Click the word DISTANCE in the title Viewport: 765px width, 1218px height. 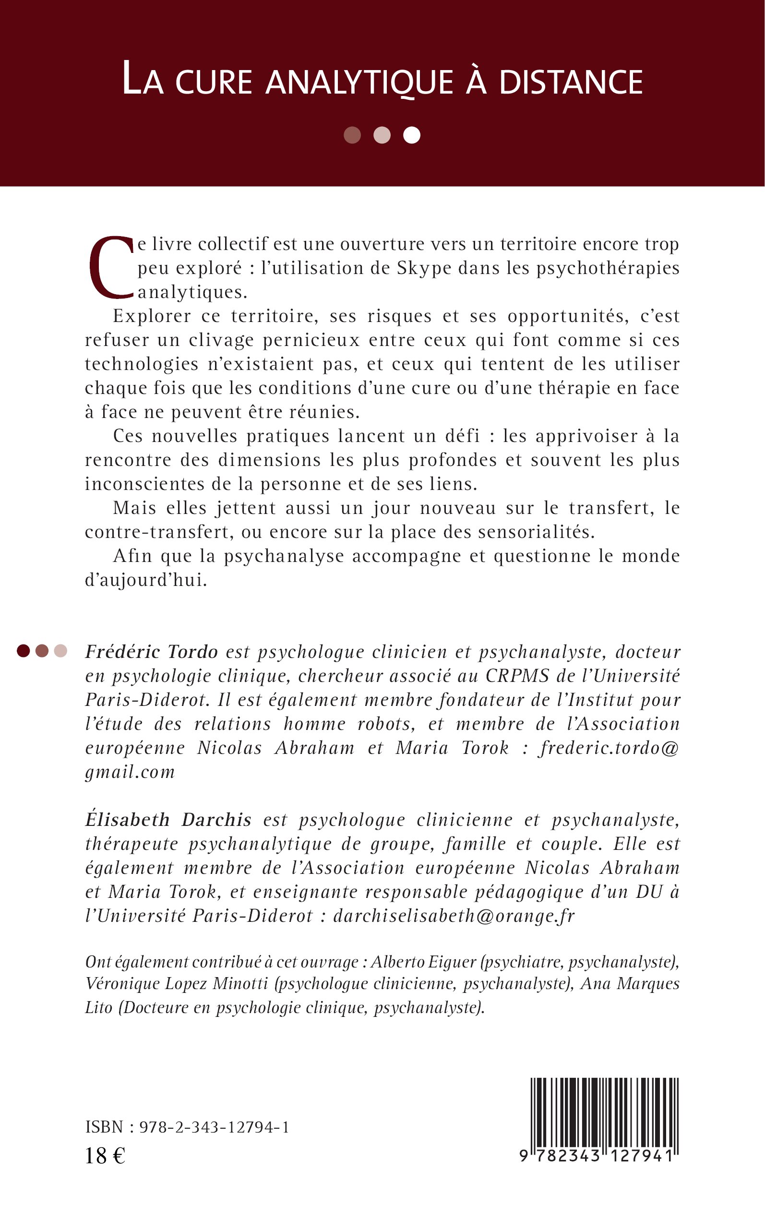pyautogui.click(x=571, y=83)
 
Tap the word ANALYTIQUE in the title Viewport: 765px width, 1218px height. pyautogui.click(x=359, y=83)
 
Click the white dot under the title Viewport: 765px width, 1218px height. pyautogui.click(x=411, y=135)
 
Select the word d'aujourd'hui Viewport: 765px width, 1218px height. pyautogui.click(x=146, y=580)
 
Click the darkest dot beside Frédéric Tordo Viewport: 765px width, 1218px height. pyautogui.click(x=23, y=651)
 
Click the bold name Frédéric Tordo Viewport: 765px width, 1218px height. pyautogui.click(x=151, y=652)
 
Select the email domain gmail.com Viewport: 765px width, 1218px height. pyautogui.click(x=130, y=772)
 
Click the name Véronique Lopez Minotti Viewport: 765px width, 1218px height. pyautogui.click(x=177, y=984)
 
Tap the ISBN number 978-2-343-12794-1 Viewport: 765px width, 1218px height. pyautogui.click(x=214, y=1127)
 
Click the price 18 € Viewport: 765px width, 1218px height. pyautogui.click(x=105, y=1156)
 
